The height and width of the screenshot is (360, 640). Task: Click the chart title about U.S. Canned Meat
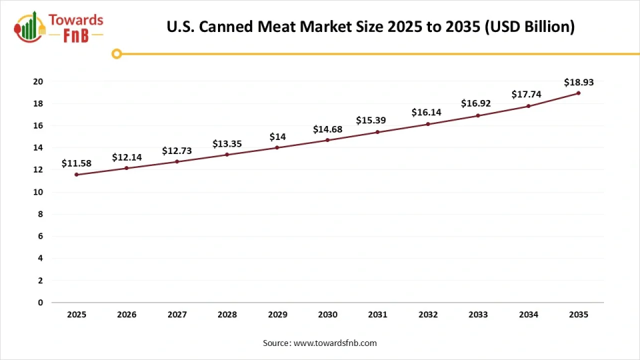(x=370, y=27)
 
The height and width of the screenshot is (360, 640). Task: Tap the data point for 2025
(x=77, y=175)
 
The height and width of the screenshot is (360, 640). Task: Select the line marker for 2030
(x=327, y=140)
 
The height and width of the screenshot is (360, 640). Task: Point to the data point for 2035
(x=578, y=93)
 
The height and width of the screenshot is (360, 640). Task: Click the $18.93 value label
(x=578, y=83)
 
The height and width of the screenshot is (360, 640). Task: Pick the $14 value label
(x=277, y=137)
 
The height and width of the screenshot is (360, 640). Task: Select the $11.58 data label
(x=77, y=163)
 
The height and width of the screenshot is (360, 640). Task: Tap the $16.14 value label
(x=428, y=113)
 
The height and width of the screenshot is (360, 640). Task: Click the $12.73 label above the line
(x=177, y=151)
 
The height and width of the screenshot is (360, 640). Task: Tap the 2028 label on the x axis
(x=227, y=314)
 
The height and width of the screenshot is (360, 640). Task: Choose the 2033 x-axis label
(x=478, y=314)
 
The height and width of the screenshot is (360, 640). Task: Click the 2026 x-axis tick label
(x=127, y=314)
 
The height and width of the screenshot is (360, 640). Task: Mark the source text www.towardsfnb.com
(x=319, y=343)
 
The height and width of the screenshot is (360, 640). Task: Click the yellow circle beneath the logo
(x=117, y=54)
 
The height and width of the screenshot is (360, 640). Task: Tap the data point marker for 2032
(x=428, y=124)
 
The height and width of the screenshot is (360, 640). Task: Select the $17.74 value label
(x=528, y=95)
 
